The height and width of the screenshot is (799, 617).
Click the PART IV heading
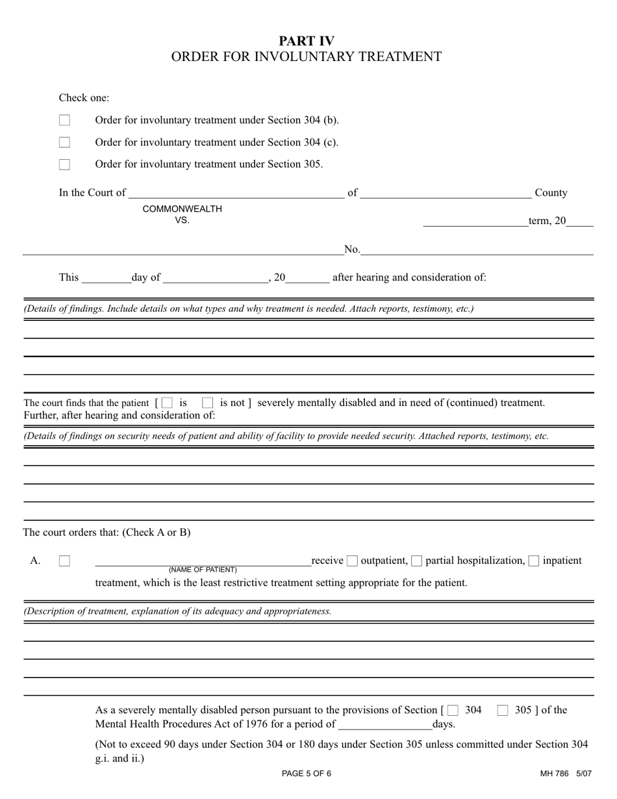click(307, 41)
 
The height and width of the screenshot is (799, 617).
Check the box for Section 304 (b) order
click(64, 120)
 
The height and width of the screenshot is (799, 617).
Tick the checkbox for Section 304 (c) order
click(64, 142)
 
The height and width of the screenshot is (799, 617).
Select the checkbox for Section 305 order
click(64, 164)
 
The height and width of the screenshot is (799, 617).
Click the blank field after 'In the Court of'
click(236, 192)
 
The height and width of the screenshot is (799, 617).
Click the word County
click(551, 193)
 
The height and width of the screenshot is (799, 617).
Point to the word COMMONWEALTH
click(182, 209)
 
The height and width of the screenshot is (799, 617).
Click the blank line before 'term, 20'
click(475, 221)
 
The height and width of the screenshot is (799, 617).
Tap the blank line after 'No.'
click(477, 249)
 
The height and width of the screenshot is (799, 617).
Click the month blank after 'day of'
click(216, 277)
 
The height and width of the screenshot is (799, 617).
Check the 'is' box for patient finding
click(168, 403)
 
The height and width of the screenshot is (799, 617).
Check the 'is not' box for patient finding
click(208, 403)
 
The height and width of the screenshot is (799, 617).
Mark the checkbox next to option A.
click(64, 561)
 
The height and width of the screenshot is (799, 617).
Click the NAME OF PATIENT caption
click(203, 570)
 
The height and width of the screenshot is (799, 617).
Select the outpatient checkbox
click(352, 561)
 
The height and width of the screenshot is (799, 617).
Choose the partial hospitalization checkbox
click(417, 561)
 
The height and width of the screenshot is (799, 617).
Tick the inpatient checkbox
click(534, 561)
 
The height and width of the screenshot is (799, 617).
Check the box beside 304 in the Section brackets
click(453, 711)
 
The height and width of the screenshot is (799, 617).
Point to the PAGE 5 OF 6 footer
click(307, 774)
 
